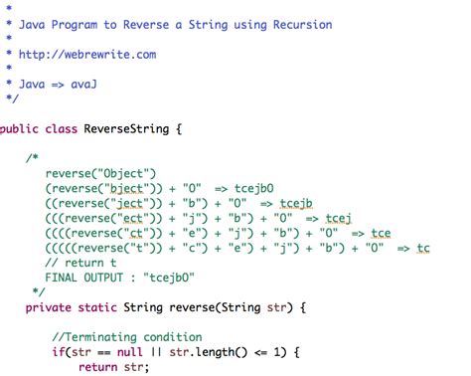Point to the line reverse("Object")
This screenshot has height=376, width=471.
pos(95,172)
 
